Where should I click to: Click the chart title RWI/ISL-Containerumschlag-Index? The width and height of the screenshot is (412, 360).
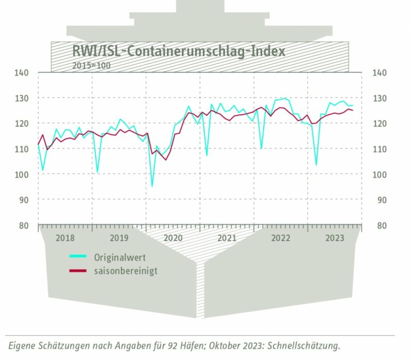179,51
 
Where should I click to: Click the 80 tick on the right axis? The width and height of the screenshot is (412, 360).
380,226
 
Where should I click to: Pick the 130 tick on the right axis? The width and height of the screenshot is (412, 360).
380,98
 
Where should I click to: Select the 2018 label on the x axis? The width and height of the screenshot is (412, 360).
65,238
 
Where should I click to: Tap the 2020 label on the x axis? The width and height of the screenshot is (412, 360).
173,238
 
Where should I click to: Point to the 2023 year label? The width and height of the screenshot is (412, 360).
335,238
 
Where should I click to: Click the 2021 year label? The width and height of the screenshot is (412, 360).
227,238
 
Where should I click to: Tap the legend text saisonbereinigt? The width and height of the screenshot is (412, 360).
126,270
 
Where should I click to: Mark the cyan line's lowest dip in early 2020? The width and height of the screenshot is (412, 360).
152,186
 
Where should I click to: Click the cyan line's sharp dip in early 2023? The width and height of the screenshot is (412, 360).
316,165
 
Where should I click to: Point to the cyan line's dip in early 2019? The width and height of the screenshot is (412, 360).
98,172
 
